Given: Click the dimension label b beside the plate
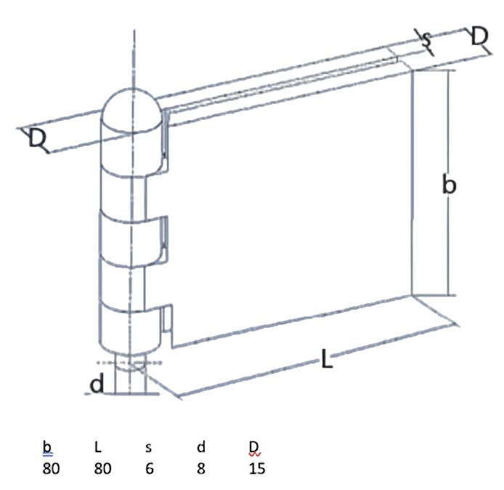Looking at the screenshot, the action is [x=449, y=184].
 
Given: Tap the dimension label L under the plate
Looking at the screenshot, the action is [x=327, y=359].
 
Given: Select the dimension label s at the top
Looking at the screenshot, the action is [x=426, y=40].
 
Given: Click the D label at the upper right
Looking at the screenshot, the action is [x=479, y=36].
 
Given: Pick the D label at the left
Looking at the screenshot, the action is [x=37, y=138].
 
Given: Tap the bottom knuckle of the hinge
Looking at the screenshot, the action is [x=131, y=328].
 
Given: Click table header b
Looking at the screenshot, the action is [x=47, y=447].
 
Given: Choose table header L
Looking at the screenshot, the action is [x=98, y=447].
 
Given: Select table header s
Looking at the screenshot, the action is [x=148, y=448].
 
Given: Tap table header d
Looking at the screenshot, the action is [x=201, y=447].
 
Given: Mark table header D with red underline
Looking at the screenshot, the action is [x=253, y=447].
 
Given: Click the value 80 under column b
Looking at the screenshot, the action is [x=51, y=468].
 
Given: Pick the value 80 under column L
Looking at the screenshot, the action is [x=102, y=468].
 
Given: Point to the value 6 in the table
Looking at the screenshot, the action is [x=149, y=468].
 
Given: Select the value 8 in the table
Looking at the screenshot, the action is [x=201, y=468].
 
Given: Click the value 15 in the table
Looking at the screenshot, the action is [x=257, y=468].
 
